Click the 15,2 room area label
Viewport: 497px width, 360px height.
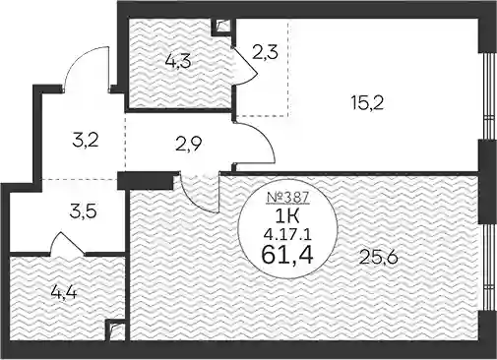[367, 103]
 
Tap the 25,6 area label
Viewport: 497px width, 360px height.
[378, 257]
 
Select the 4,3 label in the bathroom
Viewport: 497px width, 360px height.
[178, 62]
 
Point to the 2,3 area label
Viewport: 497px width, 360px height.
[265, 52]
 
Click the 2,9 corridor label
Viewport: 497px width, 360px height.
[188, 144]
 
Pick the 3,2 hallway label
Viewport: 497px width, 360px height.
[85, 143]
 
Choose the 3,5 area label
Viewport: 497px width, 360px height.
[83, 211]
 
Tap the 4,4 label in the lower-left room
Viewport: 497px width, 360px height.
[64, 292]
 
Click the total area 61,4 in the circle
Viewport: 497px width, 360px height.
[287, 255]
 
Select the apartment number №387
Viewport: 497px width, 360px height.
[287, 197]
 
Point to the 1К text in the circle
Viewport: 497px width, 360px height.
[286, 217]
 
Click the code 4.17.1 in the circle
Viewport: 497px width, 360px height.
[287, 235]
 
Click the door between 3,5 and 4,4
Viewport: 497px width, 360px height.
[67, 242]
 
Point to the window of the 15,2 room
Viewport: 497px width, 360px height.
[488, 96]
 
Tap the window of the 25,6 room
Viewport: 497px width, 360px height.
[488, 268]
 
